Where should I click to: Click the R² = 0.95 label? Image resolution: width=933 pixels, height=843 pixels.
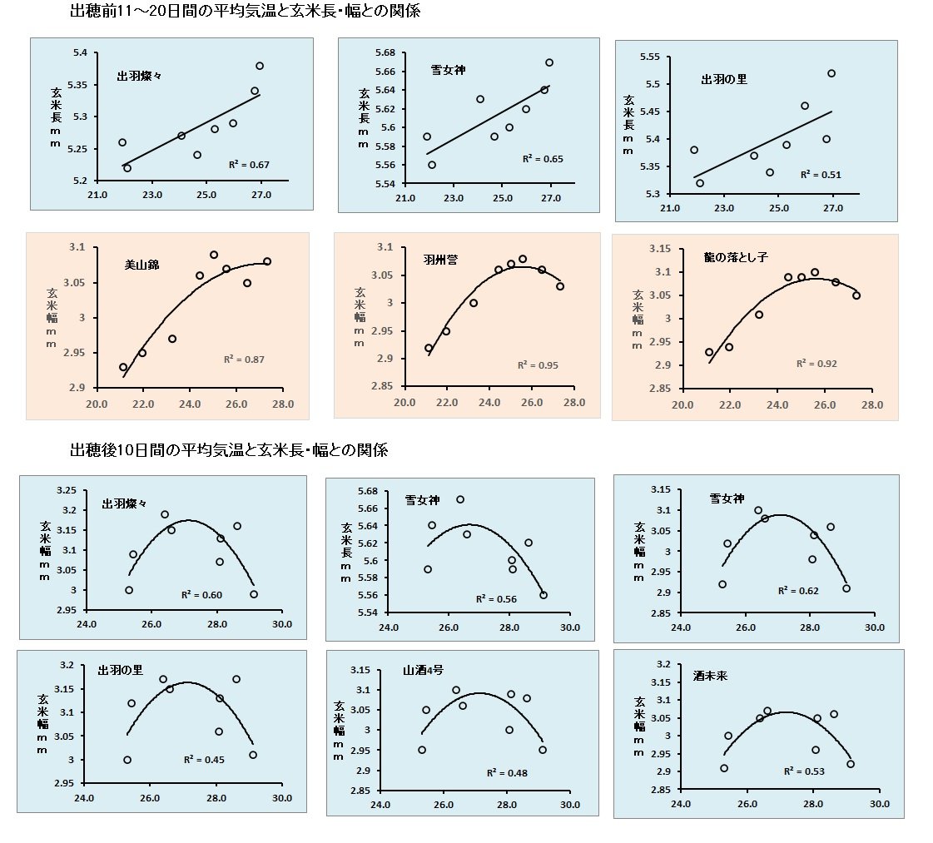point(537,365)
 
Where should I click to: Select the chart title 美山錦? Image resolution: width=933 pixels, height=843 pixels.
point(141,265)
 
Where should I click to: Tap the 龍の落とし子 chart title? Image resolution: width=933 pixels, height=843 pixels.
point(733,258)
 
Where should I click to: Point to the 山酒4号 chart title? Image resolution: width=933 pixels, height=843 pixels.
point(424,670)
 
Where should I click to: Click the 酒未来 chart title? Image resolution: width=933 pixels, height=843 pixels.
point(711,677)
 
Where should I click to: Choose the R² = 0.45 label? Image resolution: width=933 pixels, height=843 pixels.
point(204,759)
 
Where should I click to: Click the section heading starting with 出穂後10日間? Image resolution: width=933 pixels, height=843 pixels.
point(229,450)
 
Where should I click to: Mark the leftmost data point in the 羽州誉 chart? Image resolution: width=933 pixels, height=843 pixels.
point(429,349)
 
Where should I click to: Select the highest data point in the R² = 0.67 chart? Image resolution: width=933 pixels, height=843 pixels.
point(260,66)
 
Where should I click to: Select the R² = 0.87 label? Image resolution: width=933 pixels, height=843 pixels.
point(244,360)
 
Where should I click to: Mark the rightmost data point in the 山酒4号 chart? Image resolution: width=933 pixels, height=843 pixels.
point(543,750)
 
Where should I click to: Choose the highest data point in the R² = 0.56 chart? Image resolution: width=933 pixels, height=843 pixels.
point(460,499)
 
